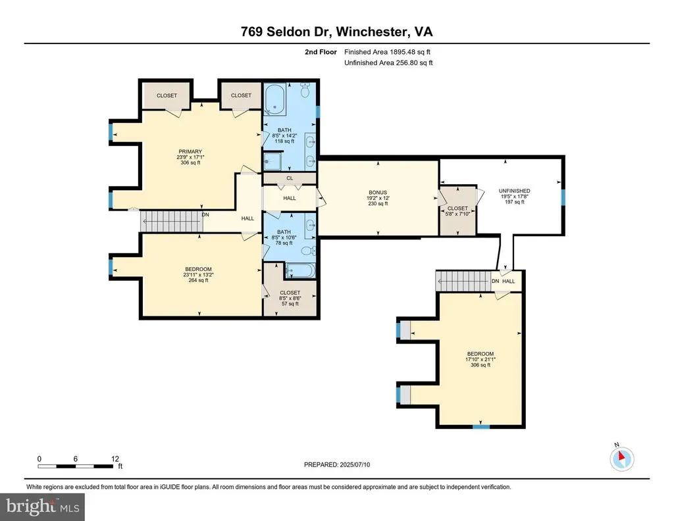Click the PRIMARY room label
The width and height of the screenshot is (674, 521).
pos(190,151)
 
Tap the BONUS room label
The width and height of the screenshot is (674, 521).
pos(378,193)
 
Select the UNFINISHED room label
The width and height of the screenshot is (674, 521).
pos(514,191)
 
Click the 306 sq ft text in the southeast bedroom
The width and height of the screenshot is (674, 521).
pos(480,365)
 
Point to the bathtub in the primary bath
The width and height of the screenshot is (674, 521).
pos(274,99)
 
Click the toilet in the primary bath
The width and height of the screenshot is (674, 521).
pos(305,89)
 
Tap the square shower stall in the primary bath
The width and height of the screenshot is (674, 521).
pos(272,162)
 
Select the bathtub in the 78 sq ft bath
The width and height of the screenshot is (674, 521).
pos(300,270)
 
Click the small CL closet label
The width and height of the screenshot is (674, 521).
pos(290,178)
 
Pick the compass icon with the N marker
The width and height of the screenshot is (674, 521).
pos(621,459)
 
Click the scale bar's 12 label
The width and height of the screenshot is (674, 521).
pos(115,459)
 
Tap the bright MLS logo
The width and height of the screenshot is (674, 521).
pos(43,507)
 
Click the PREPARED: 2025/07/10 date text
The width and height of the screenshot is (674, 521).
pos(337,464)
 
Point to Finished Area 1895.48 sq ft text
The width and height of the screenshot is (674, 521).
pos(387,52)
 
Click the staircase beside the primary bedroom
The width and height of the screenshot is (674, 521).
pos(172,222)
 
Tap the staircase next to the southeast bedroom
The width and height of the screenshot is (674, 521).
pos(463,281)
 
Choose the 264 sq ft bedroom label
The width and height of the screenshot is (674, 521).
pos(198,280)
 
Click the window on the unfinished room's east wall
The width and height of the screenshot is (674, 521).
pos(563,197)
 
